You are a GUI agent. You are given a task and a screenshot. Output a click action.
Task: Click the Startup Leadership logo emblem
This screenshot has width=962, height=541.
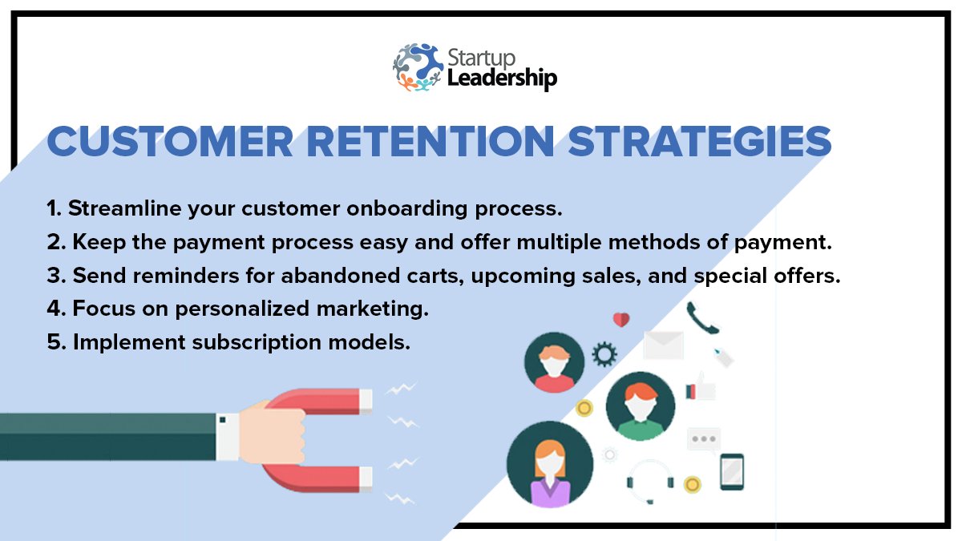(x=418, y=67)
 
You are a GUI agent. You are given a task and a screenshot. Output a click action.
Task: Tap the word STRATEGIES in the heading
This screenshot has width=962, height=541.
(x=700, y=142)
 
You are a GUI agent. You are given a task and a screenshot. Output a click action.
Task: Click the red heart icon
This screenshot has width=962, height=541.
(x=621, y=320)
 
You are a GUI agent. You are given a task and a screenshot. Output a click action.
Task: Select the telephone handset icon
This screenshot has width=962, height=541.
(x=702, y=318)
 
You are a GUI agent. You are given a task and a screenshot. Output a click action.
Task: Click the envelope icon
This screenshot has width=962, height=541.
(x=663, y=345)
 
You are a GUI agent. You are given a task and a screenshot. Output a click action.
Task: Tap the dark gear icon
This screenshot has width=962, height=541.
(x=604, y=353)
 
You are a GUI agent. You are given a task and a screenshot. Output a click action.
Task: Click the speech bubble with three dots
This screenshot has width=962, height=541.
(x=703, y=439)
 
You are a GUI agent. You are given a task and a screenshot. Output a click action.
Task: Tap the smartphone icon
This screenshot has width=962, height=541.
(x=731, y=471)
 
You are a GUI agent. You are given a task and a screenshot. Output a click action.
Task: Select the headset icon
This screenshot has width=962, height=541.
(x=649, y=478)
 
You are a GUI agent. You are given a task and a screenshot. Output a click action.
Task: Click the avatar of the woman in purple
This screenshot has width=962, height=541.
(x=550, y=465)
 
